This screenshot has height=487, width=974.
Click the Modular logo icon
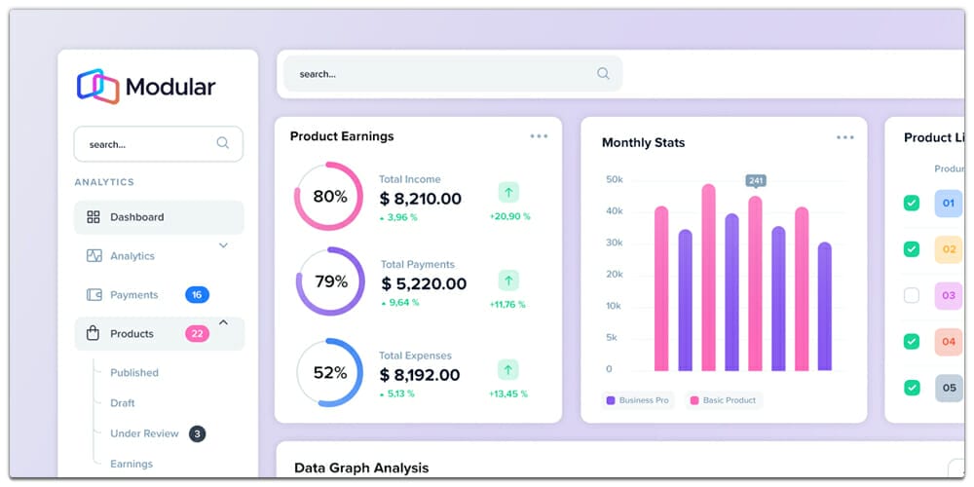pyautogui.click(x=97, y=86)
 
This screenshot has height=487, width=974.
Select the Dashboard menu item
pyautogui.click(x=136, y=217)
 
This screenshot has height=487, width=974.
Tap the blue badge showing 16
pyautogui.click(x=197, y=294)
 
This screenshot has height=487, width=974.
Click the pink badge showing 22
pyautogui.click(x=197, y=333)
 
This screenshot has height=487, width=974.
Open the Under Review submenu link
pyautogui.click(x=144, y=433)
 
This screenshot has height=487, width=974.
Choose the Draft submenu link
pyautogui.click(x=123, y=403)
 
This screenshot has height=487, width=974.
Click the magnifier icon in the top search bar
pyautogui.click(x=603, y=73)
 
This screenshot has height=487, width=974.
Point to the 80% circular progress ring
pyautogui.click(x=329, y=197)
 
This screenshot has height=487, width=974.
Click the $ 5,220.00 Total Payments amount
pyautogui.click(x=424, y=284)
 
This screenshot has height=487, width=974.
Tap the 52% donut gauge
pyautogui.click(x=329, y=372)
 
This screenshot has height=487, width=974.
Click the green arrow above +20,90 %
pyautogui.click(x=508, y=192)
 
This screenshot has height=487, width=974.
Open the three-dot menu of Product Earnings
pyautogui.click(x=539, y=136)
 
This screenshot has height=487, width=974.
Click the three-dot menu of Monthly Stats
pyautogui.click(x=844, y=137)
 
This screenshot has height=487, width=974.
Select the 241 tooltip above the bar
pyautogui.click(x=755, y=180)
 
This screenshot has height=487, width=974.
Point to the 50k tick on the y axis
pyautogui.click(x=614, y=179)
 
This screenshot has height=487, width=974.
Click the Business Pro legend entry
pyautogui.click(x=638, y=400)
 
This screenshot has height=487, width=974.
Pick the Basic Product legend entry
pyautogui.click(x=724, y=400)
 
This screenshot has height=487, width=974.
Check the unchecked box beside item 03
pyautogui.click(x=912, y=295)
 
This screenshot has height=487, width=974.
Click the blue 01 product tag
pyautogui.click(x=948, y=203)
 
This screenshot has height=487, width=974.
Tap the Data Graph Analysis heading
pyautogui.click(x=361, y=468)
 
